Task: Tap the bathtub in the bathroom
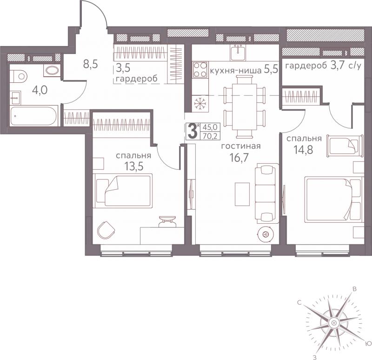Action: click(x=33, y=116)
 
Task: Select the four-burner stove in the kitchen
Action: click(x=200, y=69)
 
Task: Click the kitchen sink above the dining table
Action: click(x=238, y=53)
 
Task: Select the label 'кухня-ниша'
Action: click(x=236, y=71)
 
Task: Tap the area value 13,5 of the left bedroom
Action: click(x=134, y=167)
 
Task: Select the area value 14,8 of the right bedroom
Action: click(x=304, y=150)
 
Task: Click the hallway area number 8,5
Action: click(x=90, y=64)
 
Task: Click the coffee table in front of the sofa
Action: click(x=242, y=194)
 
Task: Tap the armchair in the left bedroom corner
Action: click(x=106, y=230)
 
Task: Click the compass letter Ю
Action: click(x=368, y=343)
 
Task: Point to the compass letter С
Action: click(x=299, y=303)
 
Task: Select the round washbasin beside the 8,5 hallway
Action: click(x=52, y=70)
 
